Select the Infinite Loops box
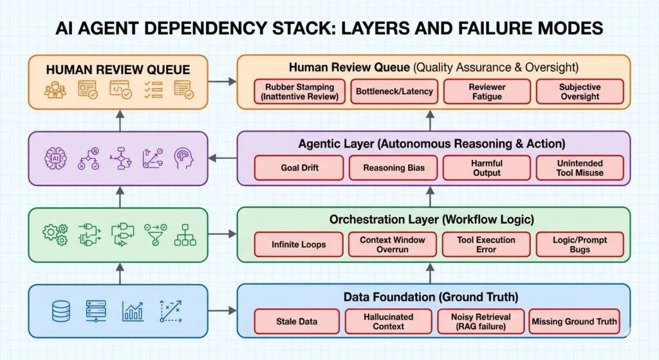pyautogui.click(x=298, y=244)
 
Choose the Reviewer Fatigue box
pyautogui.click(x=487, y=91)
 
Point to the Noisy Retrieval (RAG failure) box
pyautogui.click(x=481, y=321)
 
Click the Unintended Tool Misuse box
pyautogui.click(x=580, y=167)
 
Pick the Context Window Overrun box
pyautogui.click(x=392, y=244)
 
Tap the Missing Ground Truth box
pyautogui.click(x=574, y=321)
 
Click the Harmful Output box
pyautogui.click(x=487, y=167)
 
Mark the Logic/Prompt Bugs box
pyautogui.click(x=580, y=244)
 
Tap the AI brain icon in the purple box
pyautogui.click(x=55, y=158)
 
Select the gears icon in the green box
pyautogui.click(x=55, y=234)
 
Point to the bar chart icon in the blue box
pyautogui.click(x=133, y=312)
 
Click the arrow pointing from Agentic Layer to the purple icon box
pyautogui.click(x=223, y=158)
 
